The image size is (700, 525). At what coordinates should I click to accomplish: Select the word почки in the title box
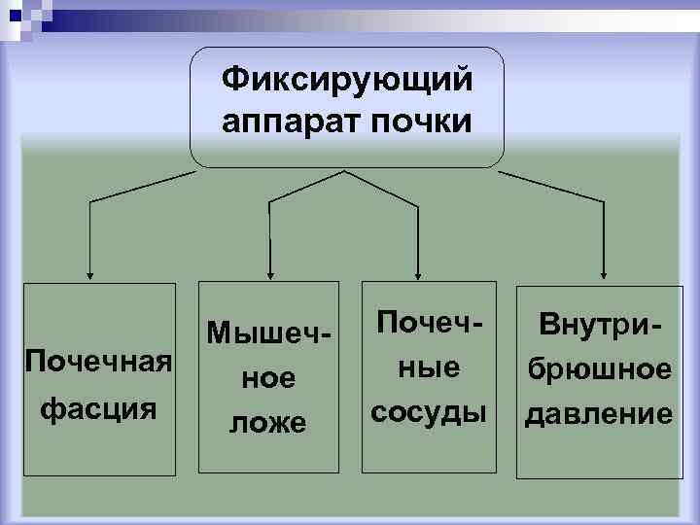pos(424,123)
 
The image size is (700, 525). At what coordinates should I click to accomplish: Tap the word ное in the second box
pos(269,377)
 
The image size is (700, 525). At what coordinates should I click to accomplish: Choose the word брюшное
pos(597,369)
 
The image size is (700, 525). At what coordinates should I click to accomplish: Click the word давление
pos(597,415)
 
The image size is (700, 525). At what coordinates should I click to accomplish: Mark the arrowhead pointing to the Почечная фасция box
pos(90,273)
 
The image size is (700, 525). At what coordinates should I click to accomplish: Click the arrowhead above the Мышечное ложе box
pos(269,273)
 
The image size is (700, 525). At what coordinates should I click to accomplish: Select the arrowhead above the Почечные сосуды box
pos(417,273)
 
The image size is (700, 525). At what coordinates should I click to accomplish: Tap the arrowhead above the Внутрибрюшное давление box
pos(605,273)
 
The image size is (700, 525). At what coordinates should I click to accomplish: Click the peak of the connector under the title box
pos(342,172)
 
